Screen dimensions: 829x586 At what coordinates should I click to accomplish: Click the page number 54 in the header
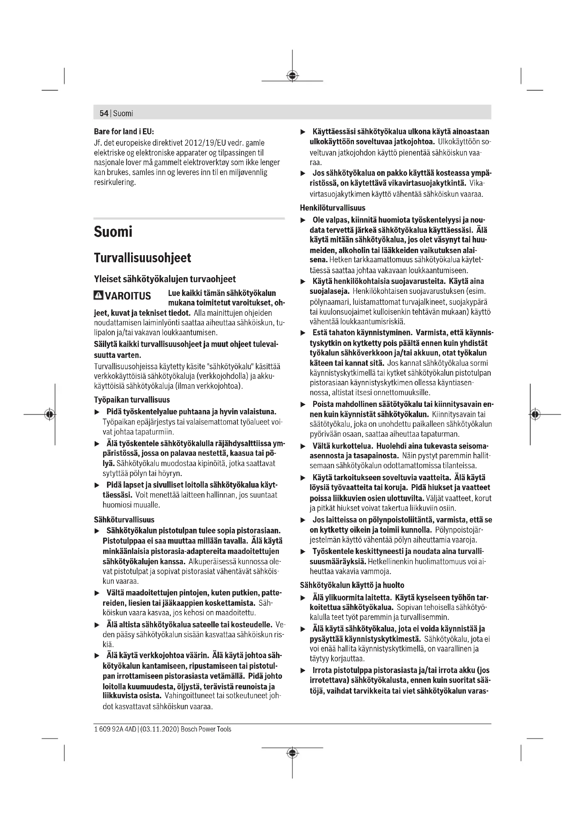pyautogui.click(x=103, y=113)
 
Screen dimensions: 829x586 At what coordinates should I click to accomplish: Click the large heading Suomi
pyautogui.click(x=113, y=232)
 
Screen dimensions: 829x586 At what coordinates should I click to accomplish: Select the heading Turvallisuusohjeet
pyautogui.click(x=142, y=258)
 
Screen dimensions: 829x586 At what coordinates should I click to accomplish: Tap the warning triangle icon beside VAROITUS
pyautogui.click(x=98, y=295)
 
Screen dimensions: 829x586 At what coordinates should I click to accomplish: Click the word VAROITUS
pyautogui.click(x=128, y=296)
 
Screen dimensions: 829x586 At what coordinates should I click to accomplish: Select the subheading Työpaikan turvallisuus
pyautogui.click(x=132, y=400)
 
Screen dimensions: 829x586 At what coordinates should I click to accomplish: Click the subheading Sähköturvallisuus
pyautogui.click(x=124, y=520)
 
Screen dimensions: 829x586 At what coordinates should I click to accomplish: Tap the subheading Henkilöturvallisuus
pyautogui.click(x=332, y=208)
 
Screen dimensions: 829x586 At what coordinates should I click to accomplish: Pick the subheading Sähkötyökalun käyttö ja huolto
pyautogui.click(x=352, y=585)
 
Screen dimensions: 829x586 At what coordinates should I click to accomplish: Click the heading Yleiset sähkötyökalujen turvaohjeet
pyautogui.click(x=164, y=279)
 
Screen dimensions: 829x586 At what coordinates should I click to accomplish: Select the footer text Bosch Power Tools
pyautogui.click(x=206, y=729)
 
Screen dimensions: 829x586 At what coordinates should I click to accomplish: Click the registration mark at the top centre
pyautogui.click(x=292, y=76)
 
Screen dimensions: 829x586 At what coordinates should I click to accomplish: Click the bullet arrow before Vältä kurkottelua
pyautogui.click(x=303, y=447)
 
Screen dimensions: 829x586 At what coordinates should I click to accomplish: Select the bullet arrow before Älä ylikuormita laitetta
pyautogui.click(x=303, y=598)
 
